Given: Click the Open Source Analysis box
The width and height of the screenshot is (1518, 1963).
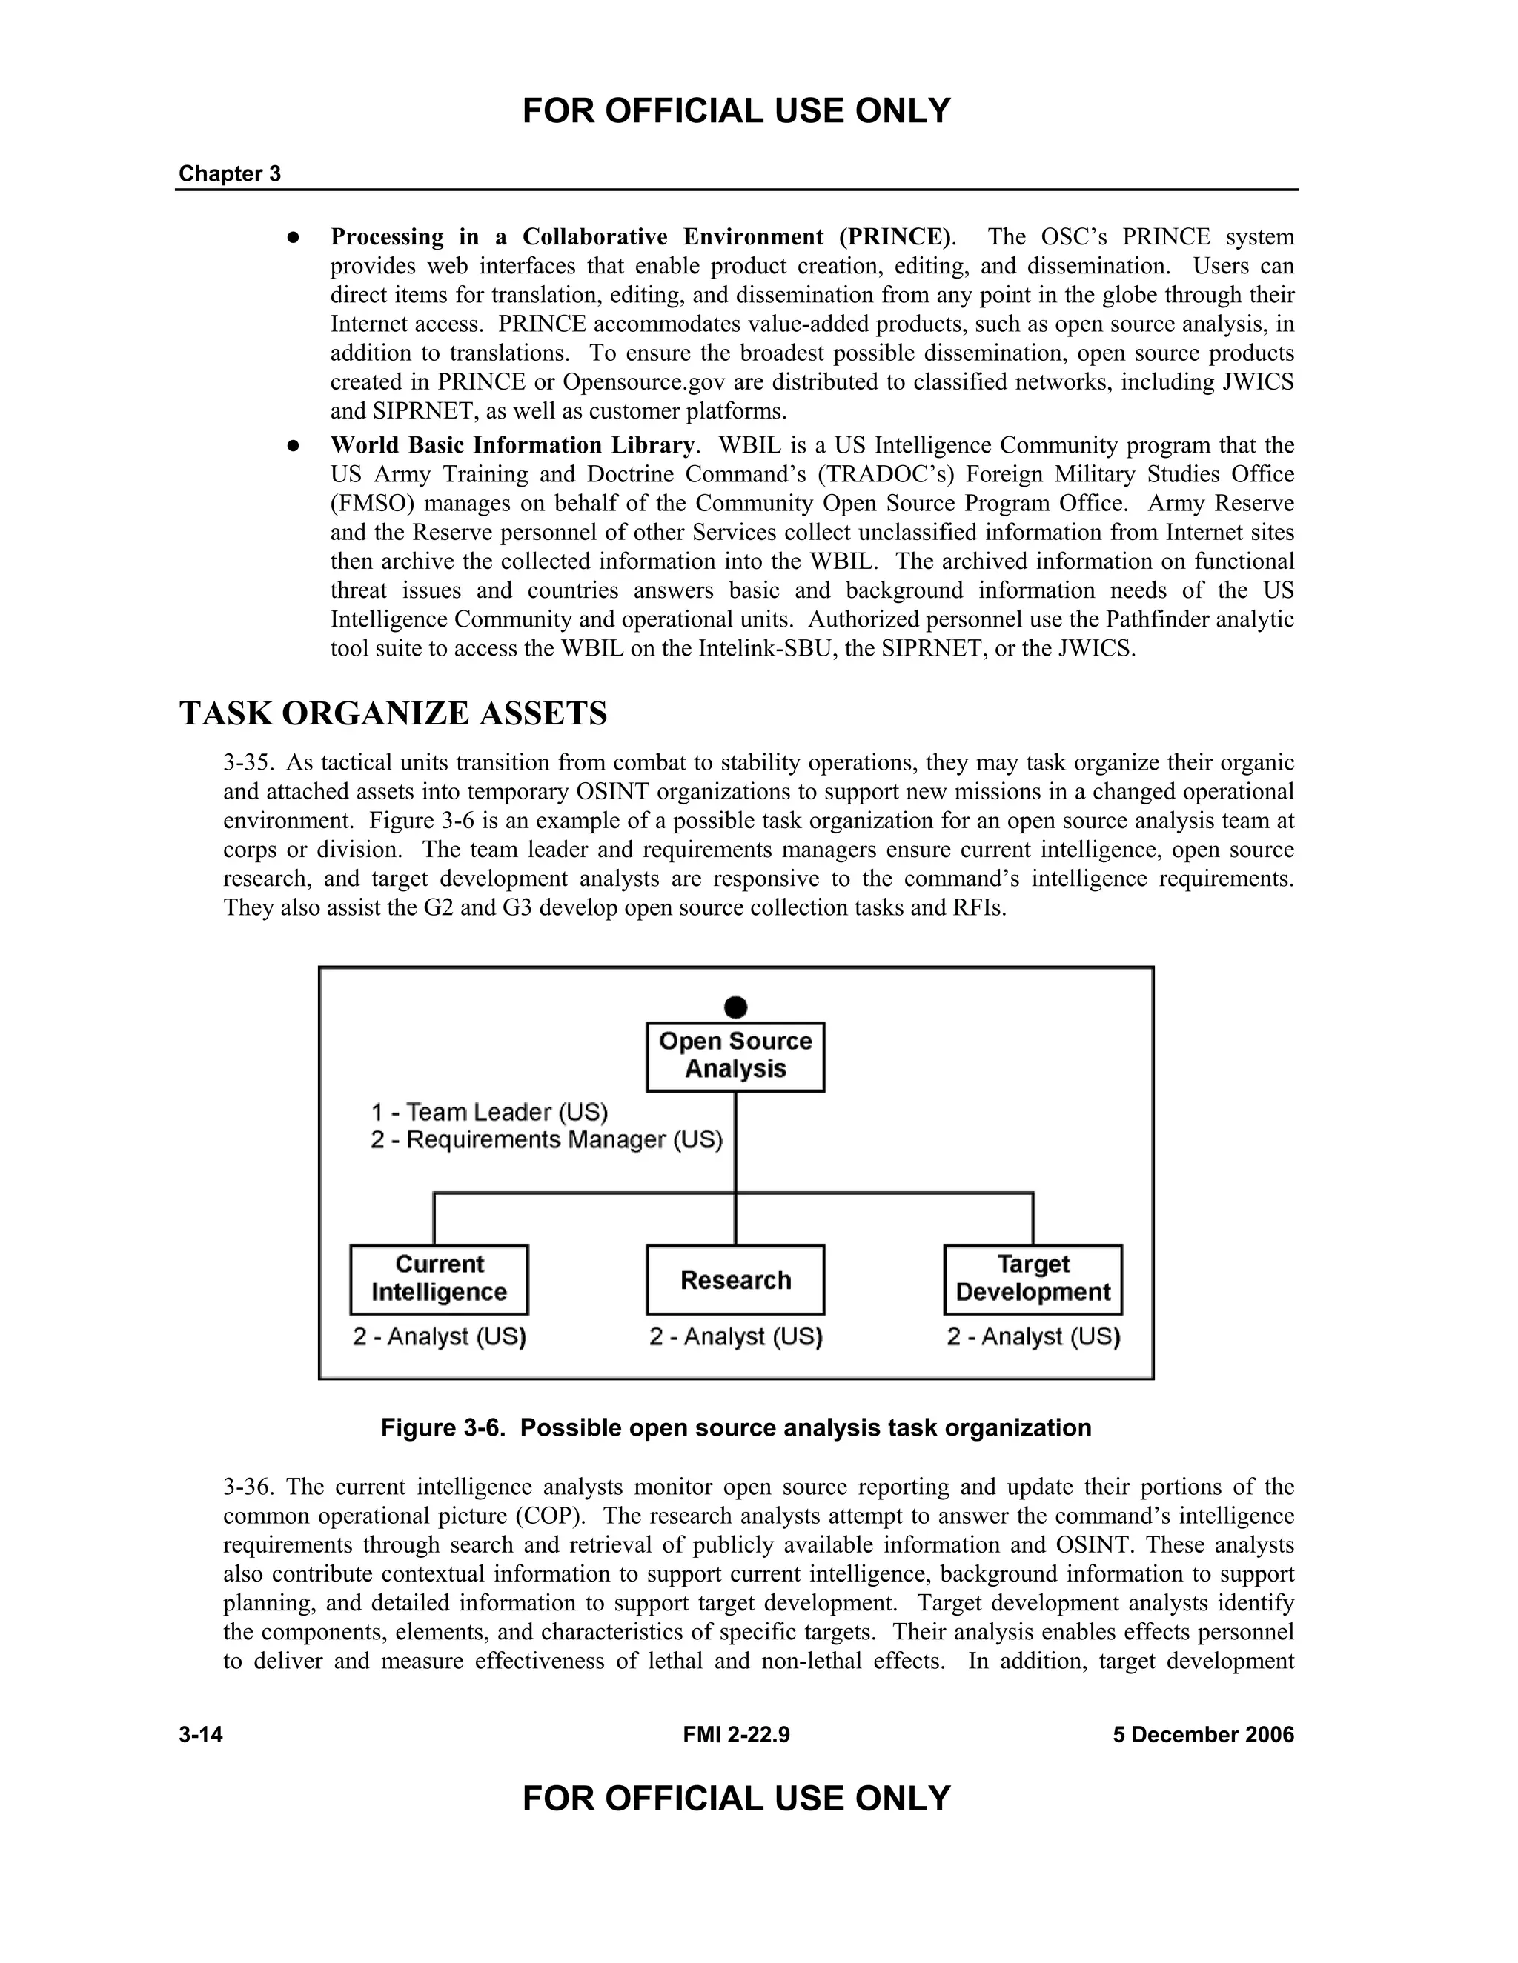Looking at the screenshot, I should pos(735,1056).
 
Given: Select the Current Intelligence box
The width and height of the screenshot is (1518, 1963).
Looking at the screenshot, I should pos(439,1279).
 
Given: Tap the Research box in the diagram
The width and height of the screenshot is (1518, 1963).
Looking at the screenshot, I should pos(735,1279).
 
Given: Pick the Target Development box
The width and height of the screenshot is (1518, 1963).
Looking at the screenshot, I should pos(1033,1279).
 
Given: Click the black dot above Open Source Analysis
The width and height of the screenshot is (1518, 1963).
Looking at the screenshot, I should pos(735,1007).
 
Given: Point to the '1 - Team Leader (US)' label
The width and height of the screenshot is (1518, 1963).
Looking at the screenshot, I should pos(489,1113).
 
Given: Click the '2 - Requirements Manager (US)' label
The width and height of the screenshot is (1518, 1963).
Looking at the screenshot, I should pos(546,1141).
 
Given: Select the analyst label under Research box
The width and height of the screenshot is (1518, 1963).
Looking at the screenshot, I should pos(735,1337).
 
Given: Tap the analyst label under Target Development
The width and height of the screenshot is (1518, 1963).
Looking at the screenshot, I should pos(1033,1337).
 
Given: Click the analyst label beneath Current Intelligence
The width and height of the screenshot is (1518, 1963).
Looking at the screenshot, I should pos(439,1337).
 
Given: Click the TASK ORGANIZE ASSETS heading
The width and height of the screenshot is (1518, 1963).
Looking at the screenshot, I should pos(393,713).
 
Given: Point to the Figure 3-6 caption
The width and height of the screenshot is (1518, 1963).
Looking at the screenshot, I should pos(735,1427).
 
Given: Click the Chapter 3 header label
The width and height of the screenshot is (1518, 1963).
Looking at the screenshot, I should pos(229,173).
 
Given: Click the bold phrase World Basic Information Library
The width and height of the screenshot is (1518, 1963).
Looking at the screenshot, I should pos(511,446).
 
